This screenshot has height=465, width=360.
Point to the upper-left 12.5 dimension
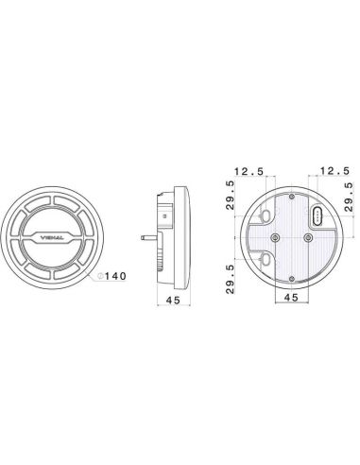point(249,172)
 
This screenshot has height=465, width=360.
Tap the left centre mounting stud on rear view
point(275,238)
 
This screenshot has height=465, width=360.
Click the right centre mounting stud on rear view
point(302,238)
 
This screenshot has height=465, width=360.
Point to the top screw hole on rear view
point(293,199)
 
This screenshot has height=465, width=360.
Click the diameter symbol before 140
point(99,276)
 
